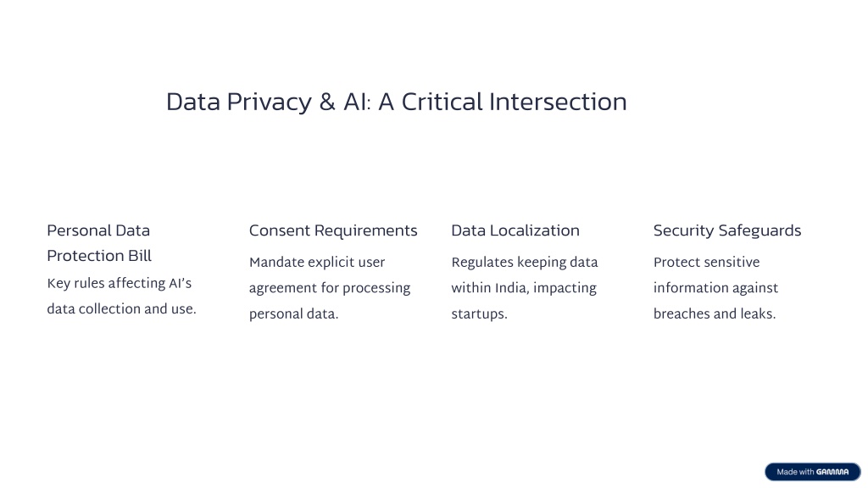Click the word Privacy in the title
pyautogui.click(x=269, y=103)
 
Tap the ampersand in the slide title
pyautogui.click(x=327, y=102)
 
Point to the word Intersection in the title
pyautogui.click(x=558, y=102)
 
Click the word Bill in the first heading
pyautogui.click(x=140, y=256)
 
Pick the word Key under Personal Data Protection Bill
pyautogui.click(x=58, y=284)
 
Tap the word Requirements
pyautogui.click(x=366, y=230)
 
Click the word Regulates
pyautogui.click(x=482, y=263)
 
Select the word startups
pyautogui.click(x=480, y=314)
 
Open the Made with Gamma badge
pyautogui.click(x=813, y=472)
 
